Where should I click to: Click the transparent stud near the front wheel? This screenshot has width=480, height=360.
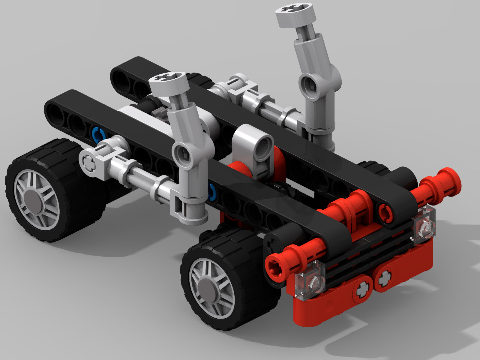(x=313, y=279)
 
